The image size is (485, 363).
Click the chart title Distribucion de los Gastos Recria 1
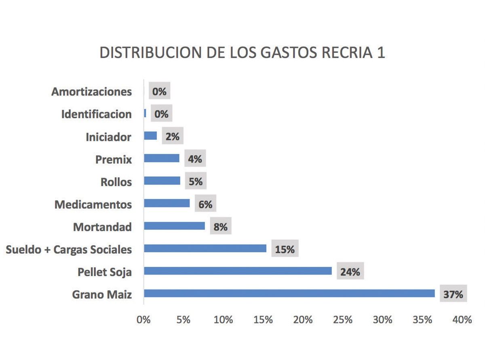[242, 53]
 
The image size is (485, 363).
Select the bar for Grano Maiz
[289, 294]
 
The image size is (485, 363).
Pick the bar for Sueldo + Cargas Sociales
[205, 248]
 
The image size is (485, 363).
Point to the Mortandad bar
[174, 226]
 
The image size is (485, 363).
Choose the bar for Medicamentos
[167, 203]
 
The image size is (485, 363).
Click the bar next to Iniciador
[150, 136]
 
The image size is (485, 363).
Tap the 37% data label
[453, 294]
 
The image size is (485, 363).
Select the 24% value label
[350, 272]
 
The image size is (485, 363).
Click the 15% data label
[285, 250]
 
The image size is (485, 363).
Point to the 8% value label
[220, 227]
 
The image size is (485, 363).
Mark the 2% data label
[172, 136]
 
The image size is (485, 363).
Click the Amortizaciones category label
[91, 92]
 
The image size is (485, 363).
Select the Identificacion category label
[96, 114]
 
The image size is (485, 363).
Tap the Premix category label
[114, 159]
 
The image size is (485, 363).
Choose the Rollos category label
[116, 182]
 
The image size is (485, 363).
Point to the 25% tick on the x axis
[342, 319]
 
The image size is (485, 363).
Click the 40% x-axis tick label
[462, 319]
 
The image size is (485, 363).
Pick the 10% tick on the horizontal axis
[223, 319]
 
